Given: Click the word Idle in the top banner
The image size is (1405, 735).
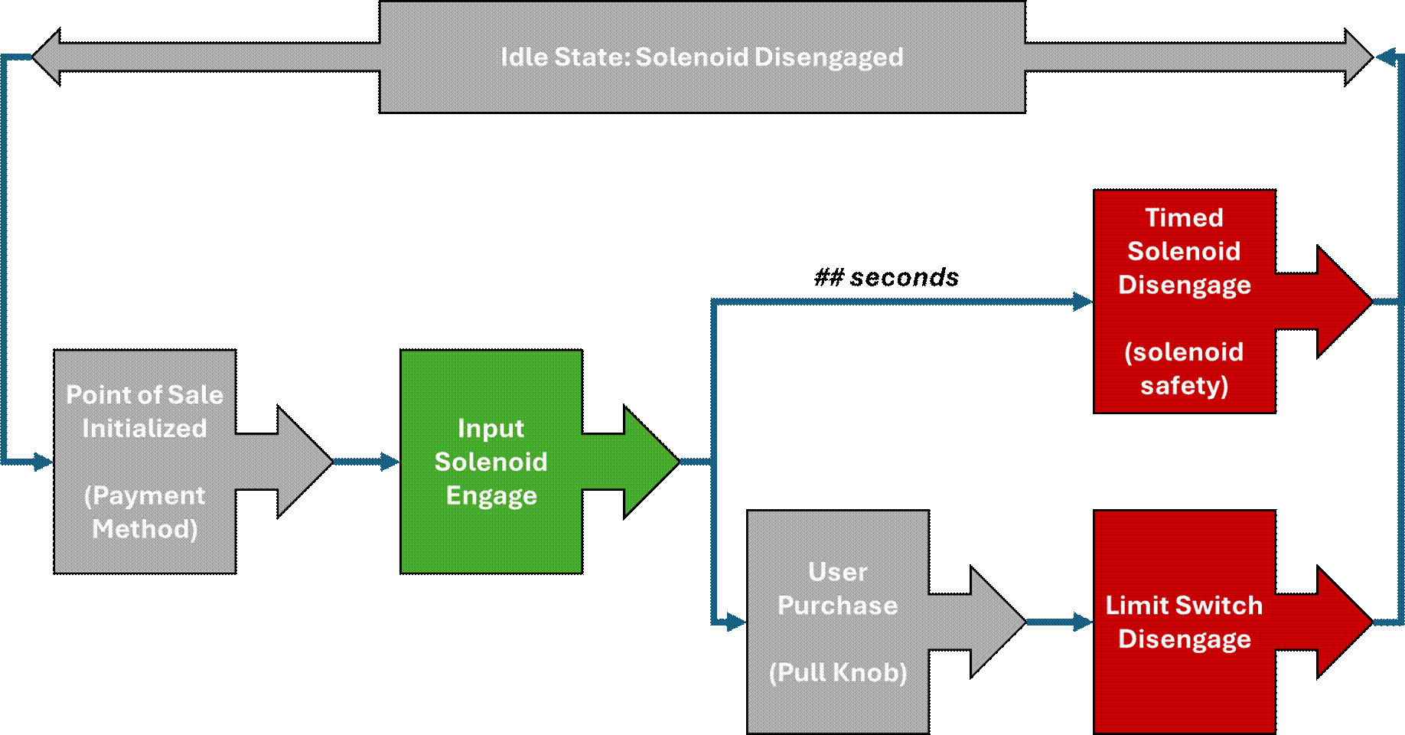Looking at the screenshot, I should click(523, 57).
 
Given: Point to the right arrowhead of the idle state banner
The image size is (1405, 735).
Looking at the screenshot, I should click(1358, 57).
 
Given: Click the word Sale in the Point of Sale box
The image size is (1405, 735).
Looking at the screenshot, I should click(195, 394).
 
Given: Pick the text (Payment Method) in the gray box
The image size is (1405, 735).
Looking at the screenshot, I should click(145, 512).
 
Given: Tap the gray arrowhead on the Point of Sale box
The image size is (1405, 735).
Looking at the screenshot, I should click(304, 462).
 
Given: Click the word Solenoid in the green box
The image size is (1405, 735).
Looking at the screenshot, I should click(491, 462).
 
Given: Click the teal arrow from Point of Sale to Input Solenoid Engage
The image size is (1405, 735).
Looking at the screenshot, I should click(367, 462).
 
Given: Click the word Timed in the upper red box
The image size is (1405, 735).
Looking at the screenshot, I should click(1184, 217).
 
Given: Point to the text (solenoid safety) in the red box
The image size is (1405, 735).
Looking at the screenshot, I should click(1184, 368).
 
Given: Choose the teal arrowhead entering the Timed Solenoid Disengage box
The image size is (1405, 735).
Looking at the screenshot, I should click(1083, 302).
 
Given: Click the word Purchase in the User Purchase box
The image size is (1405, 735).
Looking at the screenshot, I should click(838, 606).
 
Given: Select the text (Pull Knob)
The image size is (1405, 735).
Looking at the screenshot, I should click(838, 672).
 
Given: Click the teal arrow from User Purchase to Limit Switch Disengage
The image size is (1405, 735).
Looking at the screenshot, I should click(1060, 622).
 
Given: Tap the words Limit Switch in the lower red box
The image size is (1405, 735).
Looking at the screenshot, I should click(1184, 605).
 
